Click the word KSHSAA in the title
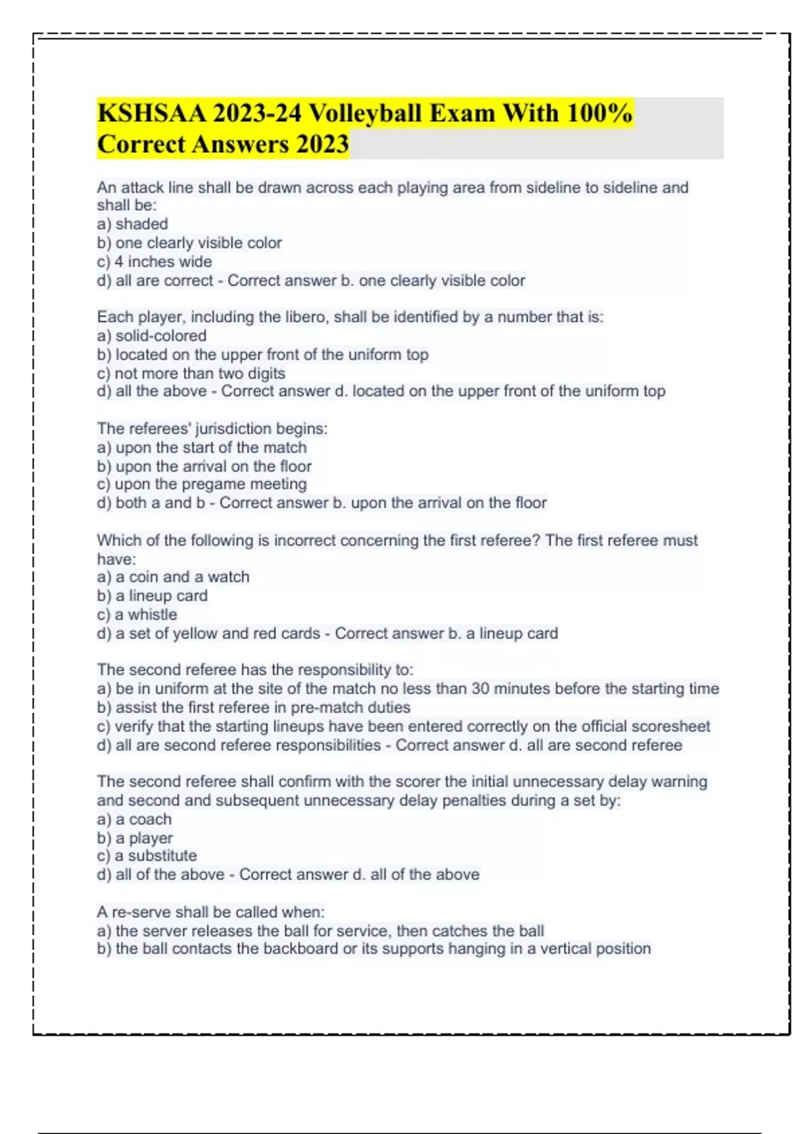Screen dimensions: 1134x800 tap(151, 113)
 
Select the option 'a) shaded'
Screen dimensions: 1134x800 tap(132, 224)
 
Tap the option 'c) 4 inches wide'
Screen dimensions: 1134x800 tap(154, 261)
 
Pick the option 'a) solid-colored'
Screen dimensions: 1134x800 tap(151, 336)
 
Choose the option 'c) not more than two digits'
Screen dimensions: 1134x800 tap(191, 373)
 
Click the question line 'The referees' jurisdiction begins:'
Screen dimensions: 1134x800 tap(212, 428)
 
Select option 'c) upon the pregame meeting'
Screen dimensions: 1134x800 tap(201, 484)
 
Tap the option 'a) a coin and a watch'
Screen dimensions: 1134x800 tap(173, 577)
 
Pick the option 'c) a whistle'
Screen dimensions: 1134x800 tap(137, 614)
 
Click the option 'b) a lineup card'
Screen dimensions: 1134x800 tap(152, 596)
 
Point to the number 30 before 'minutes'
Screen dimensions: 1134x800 tap(481, 688)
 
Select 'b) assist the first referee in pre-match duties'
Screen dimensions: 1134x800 tap(253, 707)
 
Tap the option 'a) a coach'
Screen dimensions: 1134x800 tap(134, 819)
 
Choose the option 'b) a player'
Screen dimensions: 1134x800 tap(135, 838)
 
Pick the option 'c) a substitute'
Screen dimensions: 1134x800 tap(147, 856)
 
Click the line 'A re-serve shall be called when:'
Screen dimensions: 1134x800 tap(211, 912)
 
